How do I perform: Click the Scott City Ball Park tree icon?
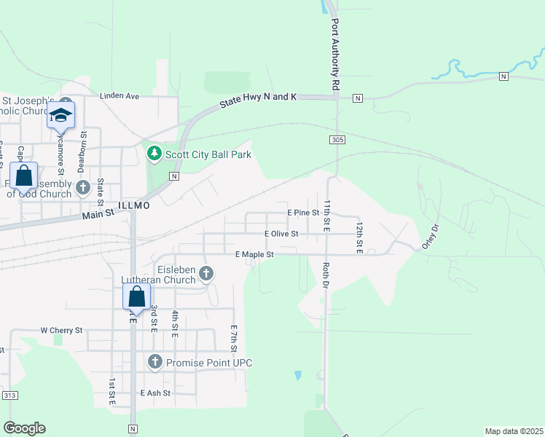[154, 154]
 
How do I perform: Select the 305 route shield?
[336, 139]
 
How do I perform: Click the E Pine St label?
[303, 213]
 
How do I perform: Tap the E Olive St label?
[281, 234]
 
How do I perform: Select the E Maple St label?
[254, 255]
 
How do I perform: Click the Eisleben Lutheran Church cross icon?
[206, 274]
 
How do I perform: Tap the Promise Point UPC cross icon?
[154, 361]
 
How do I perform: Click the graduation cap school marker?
[61, 116]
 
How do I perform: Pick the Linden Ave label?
[119, 95]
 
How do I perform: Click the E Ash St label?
[155, 393]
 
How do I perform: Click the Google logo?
[24, 428]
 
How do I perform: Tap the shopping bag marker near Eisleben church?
[136, 297]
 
